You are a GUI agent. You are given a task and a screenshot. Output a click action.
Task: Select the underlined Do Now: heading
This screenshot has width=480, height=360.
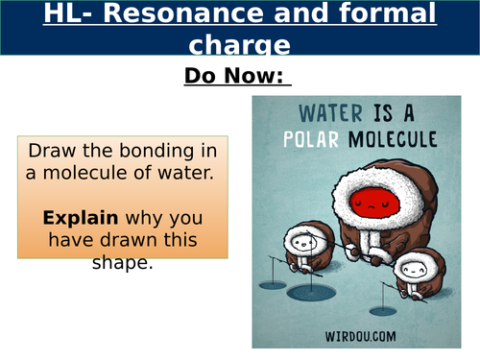(238, 78)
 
